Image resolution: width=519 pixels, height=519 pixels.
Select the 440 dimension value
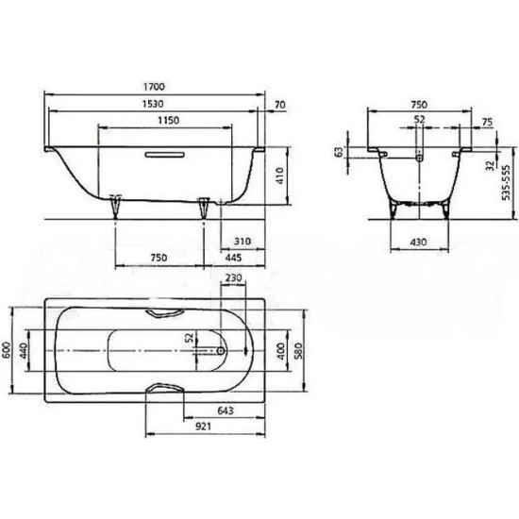pos(27,352)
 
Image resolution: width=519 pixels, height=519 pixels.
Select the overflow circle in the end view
pos(419,159)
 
